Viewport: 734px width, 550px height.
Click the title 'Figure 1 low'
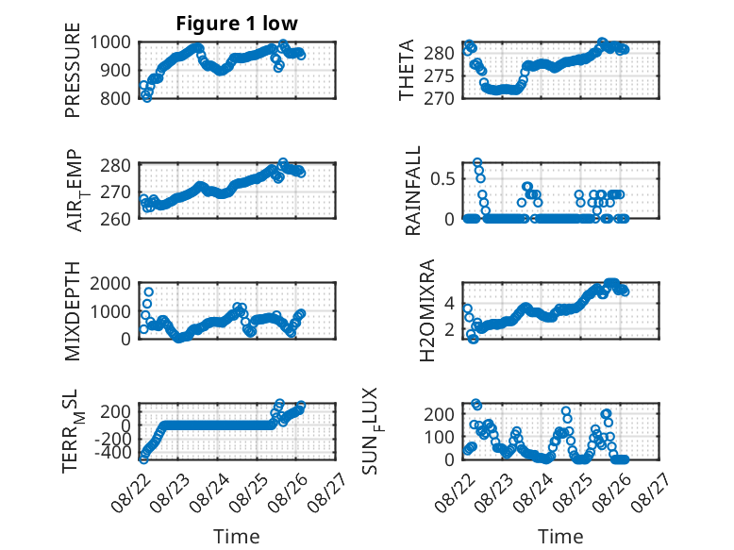coord(237,24)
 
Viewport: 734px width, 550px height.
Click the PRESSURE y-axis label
coord(73,70)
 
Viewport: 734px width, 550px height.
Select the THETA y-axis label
coord(407,70)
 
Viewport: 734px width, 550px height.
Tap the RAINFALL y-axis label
coord(413,191)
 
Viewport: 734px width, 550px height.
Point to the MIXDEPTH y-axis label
coord(73,311)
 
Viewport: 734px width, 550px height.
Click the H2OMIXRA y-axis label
coord(427,310)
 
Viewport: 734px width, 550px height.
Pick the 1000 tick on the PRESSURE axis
coord(110,42)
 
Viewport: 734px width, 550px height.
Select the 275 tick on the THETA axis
coord(439,76)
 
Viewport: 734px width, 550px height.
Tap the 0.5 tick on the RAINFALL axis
coord(442,179)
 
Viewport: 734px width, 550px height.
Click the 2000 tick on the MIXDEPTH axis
coord(110,283)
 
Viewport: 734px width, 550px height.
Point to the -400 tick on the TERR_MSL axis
coord(113,453)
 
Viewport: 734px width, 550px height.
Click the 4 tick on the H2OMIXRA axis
coord(449,304)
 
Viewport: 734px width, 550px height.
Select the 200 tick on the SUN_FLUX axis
coord(439,414)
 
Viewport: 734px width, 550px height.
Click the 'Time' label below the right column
coord(560,537)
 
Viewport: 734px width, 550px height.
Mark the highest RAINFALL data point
coord(477,163)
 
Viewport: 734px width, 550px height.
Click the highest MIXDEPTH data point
coord(148,292)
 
